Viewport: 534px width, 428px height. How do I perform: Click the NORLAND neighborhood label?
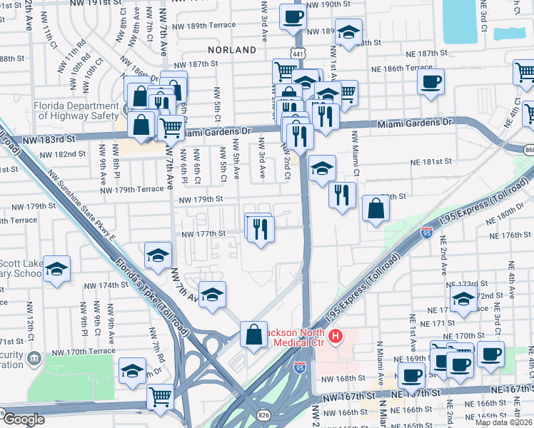pyautogui.click(x=232, y=50)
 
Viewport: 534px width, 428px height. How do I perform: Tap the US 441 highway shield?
pyautogui.click(x=296, y=53)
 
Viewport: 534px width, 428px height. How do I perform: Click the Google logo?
pyautogui.click(x=23, y=419)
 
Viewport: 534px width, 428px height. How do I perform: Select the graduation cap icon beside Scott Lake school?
pyautogui.click(x=57, y=269)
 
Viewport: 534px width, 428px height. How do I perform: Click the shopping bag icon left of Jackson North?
pyautogui.click(x=254, y=333)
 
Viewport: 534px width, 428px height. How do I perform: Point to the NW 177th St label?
pyautogui.click(x=203, y=233)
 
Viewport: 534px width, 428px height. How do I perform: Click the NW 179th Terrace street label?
pyautogui.click(x=132, y=190)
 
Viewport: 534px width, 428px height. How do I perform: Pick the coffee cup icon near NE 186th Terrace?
pyautogui.click(x=430, y=82)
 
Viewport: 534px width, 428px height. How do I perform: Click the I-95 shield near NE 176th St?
pyautogui.click(x=426, y=233)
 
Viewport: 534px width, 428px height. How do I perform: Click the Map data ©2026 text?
pyautogui.click(x=503, y=422)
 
